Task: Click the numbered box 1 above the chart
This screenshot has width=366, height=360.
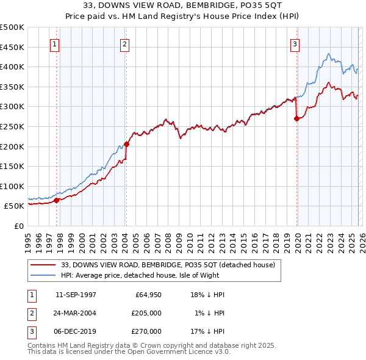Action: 55,44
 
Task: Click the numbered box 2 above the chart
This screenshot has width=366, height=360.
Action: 124,44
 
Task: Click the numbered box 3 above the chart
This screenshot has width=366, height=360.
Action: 295,44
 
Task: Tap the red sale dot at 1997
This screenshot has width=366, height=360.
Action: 56,200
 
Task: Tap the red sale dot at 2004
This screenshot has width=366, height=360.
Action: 126,144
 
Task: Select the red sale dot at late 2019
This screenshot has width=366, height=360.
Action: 296,119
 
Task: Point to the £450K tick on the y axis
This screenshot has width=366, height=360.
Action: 13,47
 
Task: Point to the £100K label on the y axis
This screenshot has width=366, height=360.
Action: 13,186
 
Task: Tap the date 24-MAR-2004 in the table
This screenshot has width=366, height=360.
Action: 76,313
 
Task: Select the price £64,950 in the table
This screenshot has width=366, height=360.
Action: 148,295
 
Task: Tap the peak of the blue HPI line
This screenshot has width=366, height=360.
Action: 328,54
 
